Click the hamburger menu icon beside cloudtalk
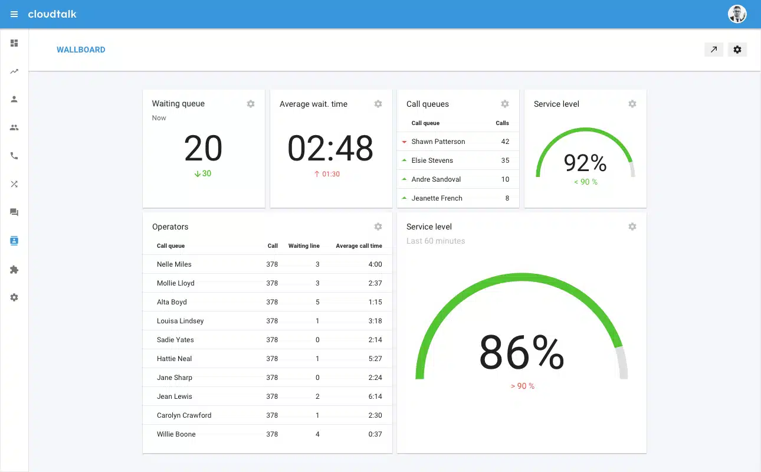point(14,14)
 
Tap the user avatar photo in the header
point(737,14)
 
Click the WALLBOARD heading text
point(81,50)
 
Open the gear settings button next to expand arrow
point(737,50)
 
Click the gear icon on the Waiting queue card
point(251,104)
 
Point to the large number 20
point(203,148)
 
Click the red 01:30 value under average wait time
point(327,174)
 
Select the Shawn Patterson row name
point(438,142)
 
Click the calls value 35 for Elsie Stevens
point(505,160)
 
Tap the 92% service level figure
point(585,162)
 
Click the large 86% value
point(521,353)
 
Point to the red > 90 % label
point(522,386)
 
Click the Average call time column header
point(359,246)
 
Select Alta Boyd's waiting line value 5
point(317,302)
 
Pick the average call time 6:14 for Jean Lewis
point(375,396)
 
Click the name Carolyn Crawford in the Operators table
point(184,415)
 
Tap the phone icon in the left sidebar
point(14,156)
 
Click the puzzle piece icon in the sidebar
point(14,270)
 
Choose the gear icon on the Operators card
point(378,227)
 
